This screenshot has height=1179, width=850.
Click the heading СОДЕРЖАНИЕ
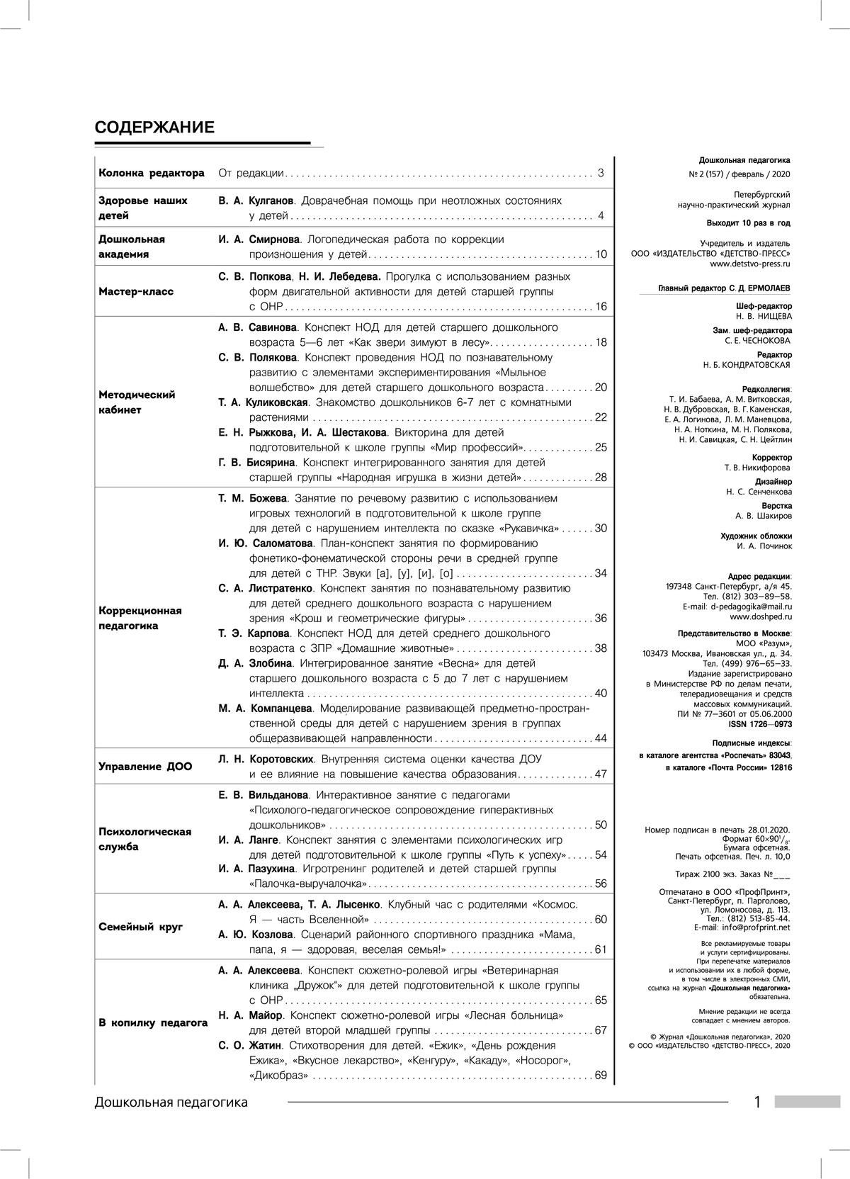[154, 128]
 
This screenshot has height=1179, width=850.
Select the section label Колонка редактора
[152, 173]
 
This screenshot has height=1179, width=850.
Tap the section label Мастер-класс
[135, 291]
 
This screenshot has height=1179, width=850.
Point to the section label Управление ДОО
[145, 766]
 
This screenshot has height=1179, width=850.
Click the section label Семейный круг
[140, 927]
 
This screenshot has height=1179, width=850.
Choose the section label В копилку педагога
[153, 1022]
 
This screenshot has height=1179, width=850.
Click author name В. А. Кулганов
[256, 201]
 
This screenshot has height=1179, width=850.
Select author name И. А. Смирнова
[259, 239]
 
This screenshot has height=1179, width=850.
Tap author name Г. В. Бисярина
[258, 463]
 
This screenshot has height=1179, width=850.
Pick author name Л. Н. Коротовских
[266, 759]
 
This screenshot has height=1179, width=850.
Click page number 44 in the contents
[601, 738]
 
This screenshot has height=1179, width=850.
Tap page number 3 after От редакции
[601, 173]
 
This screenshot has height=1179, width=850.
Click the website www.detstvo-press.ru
[750, 264]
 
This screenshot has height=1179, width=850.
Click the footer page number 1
[757, 1102]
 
